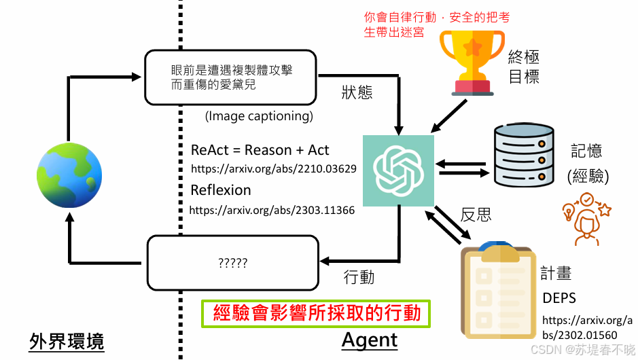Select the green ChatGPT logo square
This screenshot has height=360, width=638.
[x=398, y=170]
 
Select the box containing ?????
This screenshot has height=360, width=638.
[x=233, y=262]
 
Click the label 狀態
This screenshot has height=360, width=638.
[x=357, y=92]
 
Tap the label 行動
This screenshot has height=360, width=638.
[x=359, y=277]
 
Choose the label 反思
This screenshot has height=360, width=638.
[x=476, y=215]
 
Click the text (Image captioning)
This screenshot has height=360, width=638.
[x=259, y=116]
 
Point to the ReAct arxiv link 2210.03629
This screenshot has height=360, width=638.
[x=274, y=168]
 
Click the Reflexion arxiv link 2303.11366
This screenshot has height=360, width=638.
[x=272, y=211]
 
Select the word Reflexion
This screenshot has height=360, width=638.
[x=221, y=190]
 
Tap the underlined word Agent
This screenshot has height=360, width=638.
[x=370, y=339]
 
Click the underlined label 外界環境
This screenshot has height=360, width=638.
[x=67, y=342]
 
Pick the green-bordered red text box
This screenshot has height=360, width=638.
[x=316, y=313]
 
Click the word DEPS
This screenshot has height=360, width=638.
[x=559, y=298]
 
